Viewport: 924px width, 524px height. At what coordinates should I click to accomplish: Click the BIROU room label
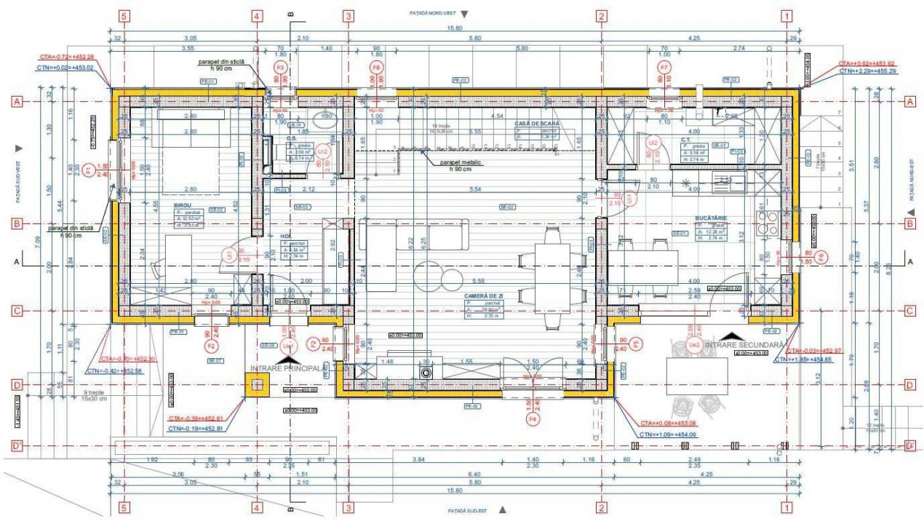coord(182,206)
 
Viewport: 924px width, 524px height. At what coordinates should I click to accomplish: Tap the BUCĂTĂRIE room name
coord(711,218)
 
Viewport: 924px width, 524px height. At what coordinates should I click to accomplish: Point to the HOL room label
coord(286,236)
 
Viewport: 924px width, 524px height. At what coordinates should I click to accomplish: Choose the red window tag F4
coord(533,419)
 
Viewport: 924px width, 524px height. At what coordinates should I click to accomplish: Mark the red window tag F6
coord(821,256)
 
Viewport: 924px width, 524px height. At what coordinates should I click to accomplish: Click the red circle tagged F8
coord(377,67)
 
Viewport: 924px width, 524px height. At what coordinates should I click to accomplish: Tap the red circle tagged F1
coord(89,170)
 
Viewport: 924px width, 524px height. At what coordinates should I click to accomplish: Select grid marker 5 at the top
coord(125,15)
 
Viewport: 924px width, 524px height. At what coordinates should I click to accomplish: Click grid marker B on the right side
coord(909,223)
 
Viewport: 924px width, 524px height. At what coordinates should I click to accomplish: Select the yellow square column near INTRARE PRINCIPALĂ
coord(257,386)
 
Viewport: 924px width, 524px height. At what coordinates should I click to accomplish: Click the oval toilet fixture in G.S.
coord(321,119)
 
